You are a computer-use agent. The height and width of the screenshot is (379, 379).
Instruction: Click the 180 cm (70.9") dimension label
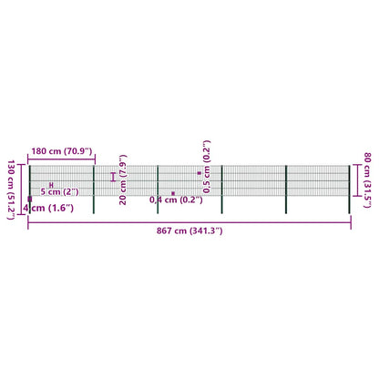[x=62, y=151]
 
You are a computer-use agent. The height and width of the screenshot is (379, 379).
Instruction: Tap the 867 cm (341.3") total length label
[x=189, y=230]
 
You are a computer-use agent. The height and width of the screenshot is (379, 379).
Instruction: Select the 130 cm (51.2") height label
[x=11, y=189]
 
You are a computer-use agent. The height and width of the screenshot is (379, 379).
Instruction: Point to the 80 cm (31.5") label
[x=367, y=180]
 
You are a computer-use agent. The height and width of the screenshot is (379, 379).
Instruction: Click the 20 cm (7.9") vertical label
[x=123, y=179]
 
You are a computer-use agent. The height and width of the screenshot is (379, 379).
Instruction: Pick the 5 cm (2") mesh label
[x=60, y=192]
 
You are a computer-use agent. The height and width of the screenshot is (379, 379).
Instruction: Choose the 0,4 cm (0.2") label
[x=176, y=200]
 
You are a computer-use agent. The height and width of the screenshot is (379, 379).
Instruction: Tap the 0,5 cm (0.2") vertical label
[x=207, y=167]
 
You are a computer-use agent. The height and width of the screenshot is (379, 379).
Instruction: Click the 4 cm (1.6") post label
[x=48, y=208]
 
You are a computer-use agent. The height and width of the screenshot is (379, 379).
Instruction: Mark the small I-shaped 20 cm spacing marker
[x=113, y=177]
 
